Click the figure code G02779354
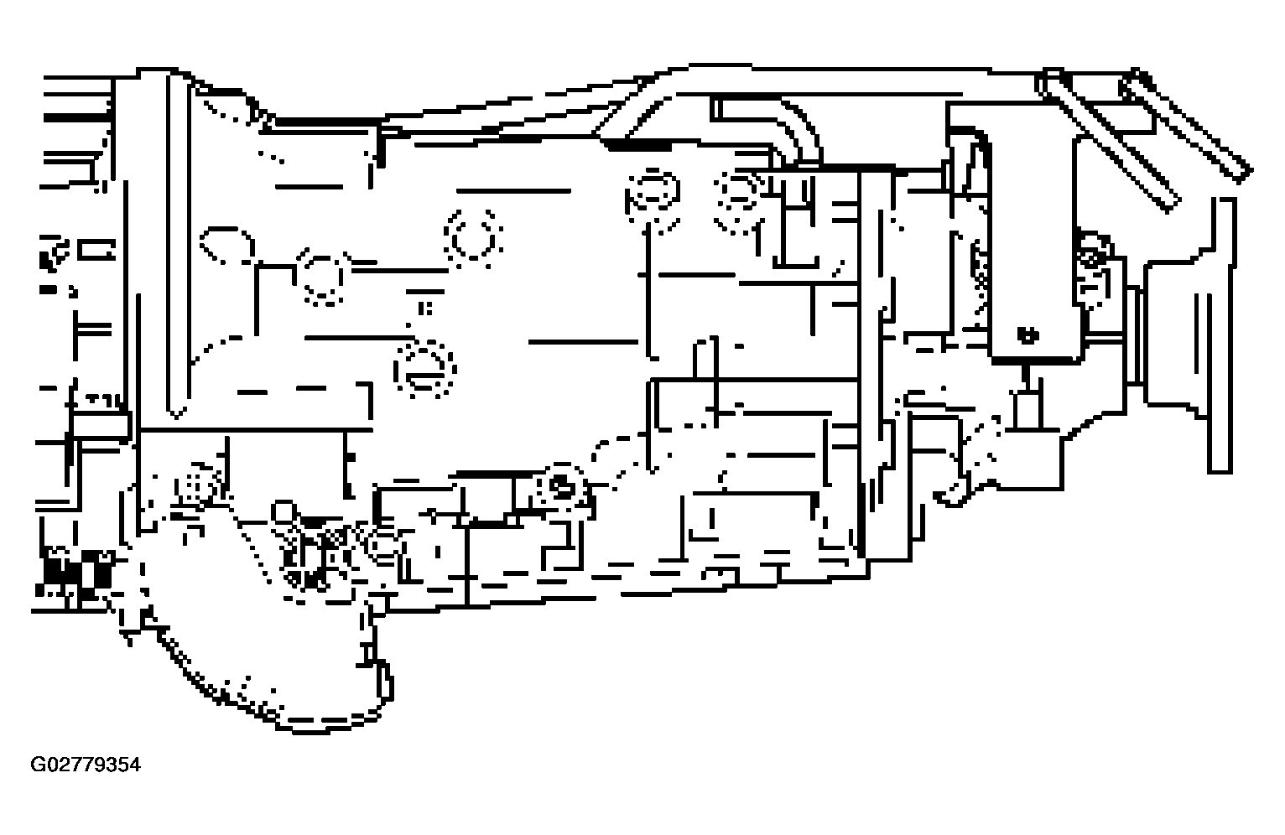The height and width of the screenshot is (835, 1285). pos(86,765)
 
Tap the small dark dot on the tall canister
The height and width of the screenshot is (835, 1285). pos(1027,335)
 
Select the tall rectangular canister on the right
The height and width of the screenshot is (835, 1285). pos(1033,246)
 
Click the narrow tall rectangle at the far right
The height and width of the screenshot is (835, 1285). pos(1220,335)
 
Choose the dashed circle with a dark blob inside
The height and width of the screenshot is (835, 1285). pos(560,486)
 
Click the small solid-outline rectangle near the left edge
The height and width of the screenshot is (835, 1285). pos(96,250)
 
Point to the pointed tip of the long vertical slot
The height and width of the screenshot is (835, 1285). pos(177,417)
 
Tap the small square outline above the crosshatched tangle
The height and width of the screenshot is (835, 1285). pos(282,511)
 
